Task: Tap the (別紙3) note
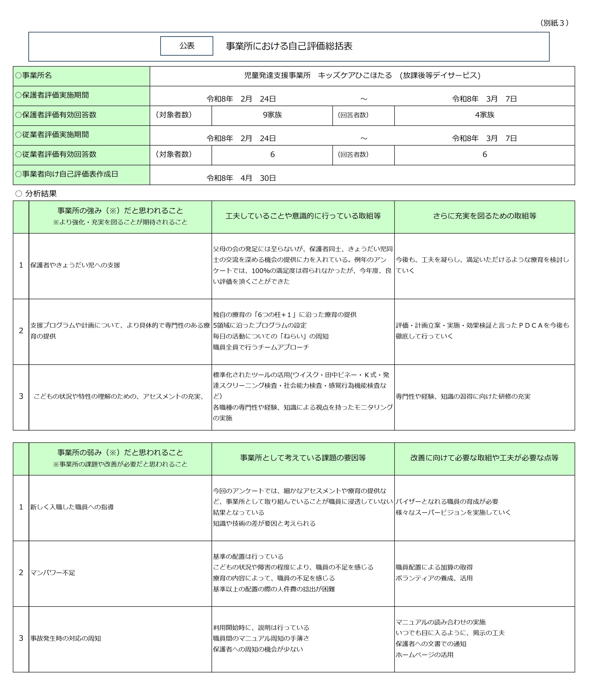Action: pos(554,23)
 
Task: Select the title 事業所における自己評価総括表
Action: pos(289,46)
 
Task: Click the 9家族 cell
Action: pos(272,115)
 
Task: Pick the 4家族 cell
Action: pos(485,115)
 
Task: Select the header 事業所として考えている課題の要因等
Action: pos(303,458)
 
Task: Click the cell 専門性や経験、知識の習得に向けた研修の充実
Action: pos(463,396)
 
